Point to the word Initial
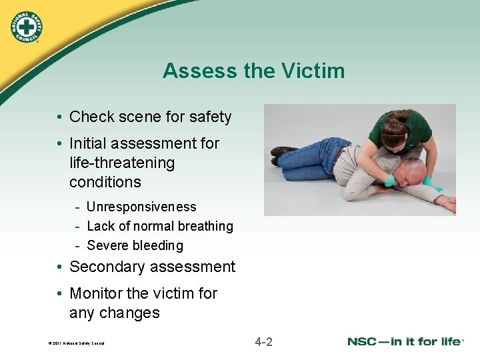click(x=90, y=143)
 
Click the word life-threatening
click(x=122, y=163)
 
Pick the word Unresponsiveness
click(x=141, y=207)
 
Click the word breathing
click(x=204, y=227)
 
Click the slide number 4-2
click(x=263, y=343)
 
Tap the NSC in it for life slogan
click(x=405, y=342)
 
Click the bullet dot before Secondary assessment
click(x=59, y=268)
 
